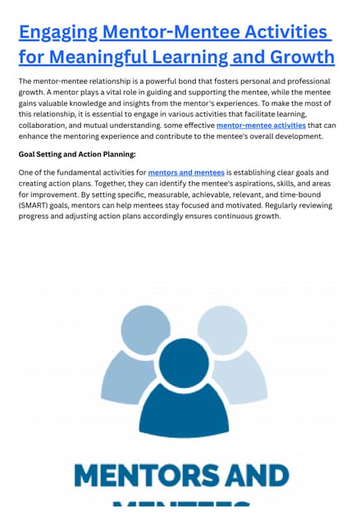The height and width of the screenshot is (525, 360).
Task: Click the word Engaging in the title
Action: tap(57, 33)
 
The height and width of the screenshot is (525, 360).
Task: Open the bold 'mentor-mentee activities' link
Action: tap(261, 126)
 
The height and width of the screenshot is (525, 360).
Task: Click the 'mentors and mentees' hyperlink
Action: tap(186, 173)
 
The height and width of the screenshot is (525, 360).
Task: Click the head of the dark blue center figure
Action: tap(184, 362)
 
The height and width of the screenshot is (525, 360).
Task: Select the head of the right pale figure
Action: tap(222, 327)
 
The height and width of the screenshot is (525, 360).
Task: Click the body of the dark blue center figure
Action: tap(184, 418)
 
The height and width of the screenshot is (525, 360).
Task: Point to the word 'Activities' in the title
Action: tap(283, 33)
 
